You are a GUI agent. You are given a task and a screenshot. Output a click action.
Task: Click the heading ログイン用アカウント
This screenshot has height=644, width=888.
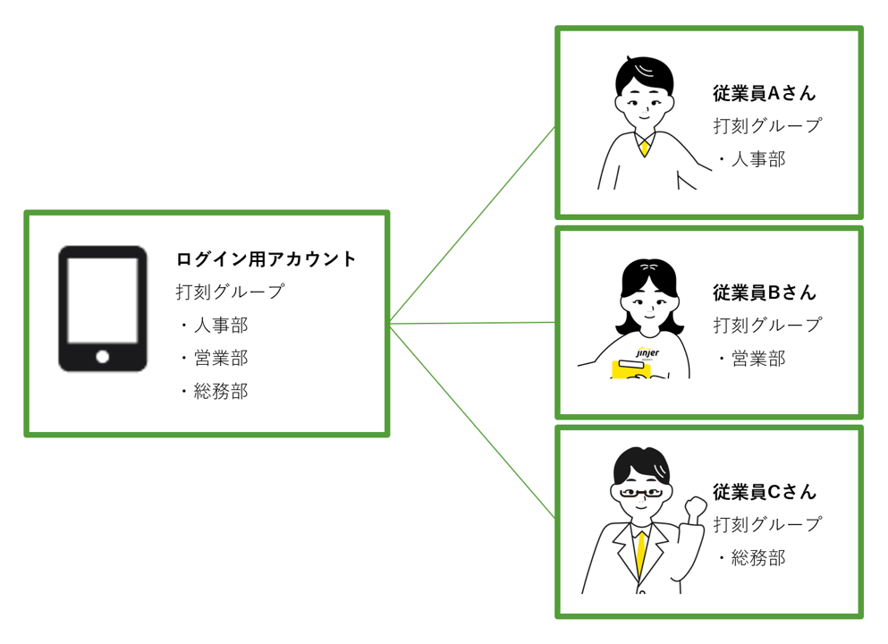point(266,259)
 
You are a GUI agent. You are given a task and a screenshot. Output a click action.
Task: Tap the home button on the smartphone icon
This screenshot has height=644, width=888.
point(103,357)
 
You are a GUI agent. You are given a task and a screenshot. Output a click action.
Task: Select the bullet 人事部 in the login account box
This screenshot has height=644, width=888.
point(220,325)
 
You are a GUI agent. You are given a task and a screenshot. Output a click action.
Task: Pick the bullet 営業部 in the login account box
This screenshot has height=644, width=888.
point(220,358)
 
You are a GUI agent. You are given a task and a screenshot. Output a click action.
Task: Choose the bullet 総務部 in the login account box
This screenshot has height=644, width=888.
point(220,391)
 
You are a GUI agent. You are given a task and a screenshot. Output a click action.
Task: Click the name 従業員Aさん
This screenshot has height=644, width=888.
point(765,93)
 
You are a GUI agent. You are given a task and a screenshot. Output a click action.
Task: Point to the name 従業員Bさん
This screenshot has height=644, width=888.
point(765,292)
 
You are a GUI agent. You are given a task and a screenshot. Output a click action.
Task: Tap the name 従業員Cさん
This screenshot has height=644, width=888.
point(765,492)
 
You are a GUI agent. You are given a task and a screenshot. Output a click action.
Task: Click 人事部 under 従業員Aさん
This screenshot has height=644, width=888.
point(758,159)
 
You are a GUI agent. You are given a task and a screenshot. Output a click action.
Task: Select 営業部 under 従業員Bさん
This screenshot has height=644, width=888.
point(758,359)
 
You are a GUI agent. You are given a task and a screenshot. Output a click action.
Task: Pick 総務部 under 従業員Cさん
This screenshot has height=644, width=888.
point(758,558)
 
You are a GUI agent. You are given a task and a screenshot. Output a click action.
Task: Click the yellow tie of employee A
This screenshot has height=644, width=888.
point(644,147)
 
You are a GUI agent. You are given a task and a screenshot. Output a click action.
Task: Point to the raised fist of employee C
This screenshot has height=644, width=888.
point(695,509)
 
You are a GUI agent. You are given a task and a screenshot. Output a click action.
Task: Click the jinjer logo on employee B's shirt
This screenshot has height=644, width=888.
point(647,353)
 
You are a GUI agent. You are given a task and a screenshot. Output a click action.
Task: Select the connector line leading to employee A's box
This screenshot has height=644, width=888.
point(472,225)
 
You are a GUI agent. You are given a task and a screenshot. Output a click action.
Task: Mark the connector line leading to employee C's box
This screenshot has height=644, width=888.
point(472,421)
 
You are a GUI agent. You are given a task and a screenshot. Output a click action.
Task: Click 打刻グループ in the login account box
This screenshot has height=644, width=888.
point(230,292)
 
